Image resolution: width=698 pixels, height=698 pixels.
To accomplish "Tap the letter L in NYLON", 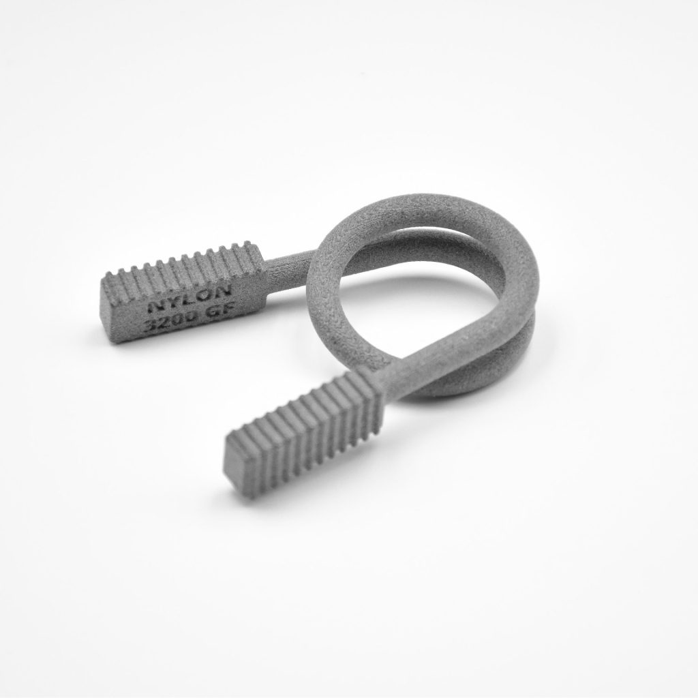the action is (191, 299).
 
